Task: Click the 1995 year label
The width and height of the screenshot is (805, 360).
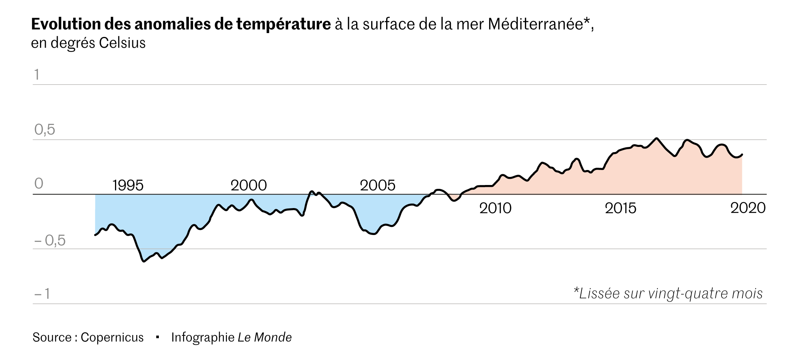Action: (128, 186)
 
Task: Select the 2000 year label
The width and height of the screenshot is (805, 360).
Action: (248, 186)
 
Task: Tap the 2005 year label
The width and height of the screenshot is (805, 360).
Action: (377, 186)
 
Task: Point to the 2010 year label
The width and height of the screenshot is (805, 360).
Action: (495, 208)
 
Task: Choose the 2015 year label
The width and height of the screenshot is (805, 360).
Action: (620, 208)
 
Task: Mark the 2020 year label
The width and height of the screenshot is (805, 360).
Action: (748, 208)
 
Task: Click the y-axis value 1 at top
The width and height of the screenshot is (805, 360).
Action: (37, 75)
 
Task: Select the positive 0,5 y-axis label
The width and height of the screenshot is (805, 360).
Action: (45, 130)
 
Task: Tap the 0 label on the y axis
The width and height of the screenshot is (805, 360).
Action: (39, 184)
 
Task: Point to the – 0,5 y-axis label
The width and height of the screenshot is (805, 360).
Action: (50, 241)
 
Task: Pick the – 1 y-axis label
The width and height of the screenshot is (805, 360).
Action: (42, 294)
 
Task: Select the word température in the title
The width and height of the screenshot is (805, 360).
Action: (283, 24)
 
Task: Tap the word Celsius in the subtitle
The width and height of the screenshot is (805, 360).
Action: (122, 43)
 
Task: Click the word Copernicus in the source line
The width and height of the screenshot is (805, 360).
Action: (112, 337)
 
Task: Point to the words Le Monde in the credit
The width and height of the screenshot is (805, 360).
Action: (265, 337)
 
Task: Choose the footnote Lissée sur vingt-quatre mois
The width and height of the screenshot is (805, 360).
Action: (668, 293)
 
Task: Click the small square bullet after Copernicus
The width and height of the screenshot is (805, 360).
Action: (157, 337)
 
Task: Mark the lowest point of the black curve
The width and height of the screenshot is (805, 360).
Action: (144, 262)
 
